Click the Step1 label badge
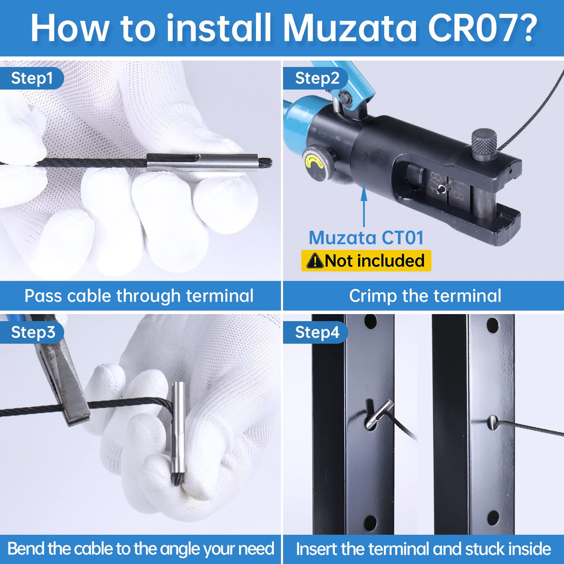click(x=32, y=78)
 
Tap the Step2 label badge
click(x=317, y=78)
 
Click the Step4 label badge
click(x=317, y=333)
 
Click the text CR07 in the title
click(x=481, y=29)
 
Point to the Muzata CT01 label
click(x=366, y=238)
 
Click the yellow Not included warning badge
click(x=366, y=261)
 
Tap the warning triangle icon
click(x=315, y=261)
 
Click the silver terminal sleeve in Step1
click(x=202, y=163)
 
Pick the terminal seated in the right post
click(x=493, y=423)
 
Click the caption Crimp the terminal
click(x=425, y=296)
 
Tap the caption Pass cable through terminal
click(x=139, y=296)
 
